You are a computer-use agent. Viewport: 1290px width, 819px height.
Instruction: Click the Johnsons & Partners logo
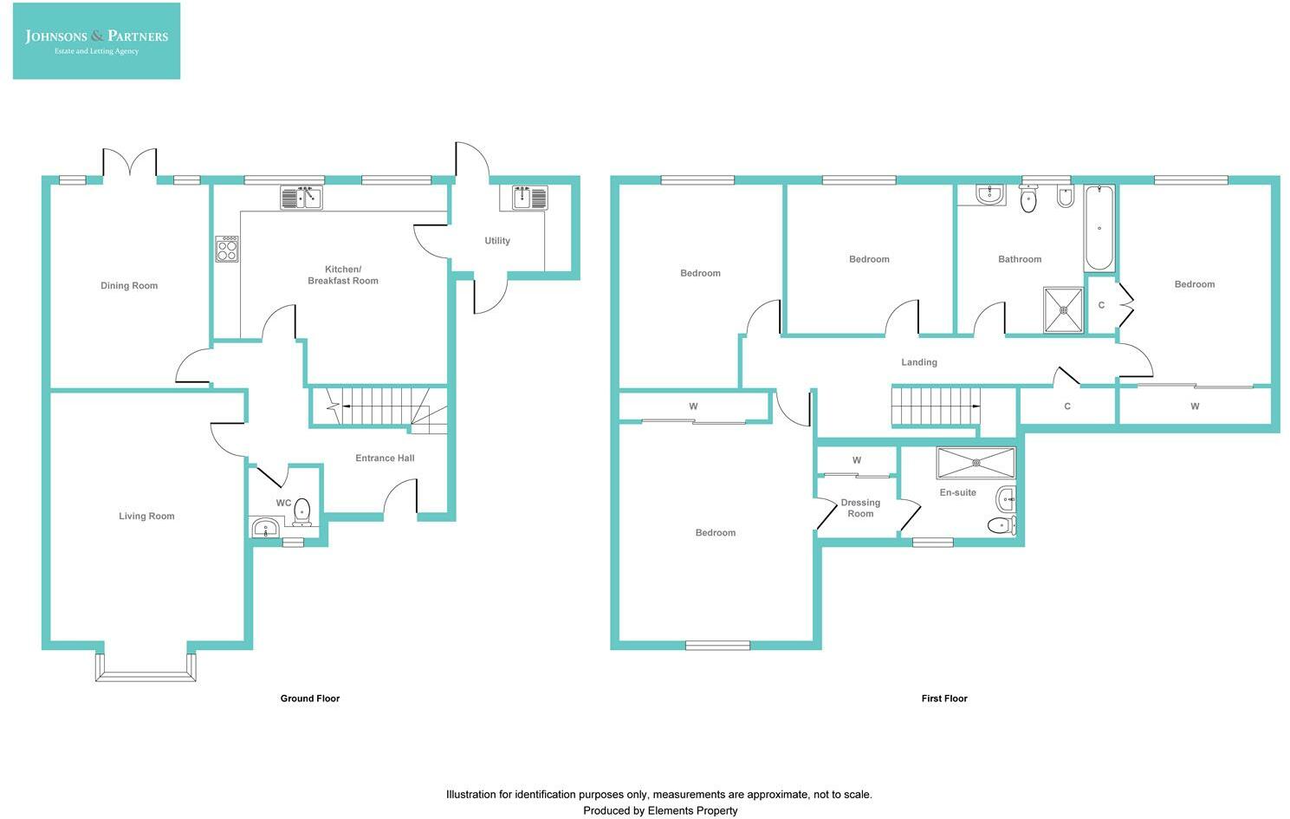click(x=96, y=41)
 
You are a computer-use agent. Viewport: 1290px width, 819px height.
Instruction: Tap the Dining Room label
click(x=129, y=286)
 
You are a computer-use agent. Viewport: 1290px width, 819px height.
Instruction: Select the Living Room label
click(x=146, y=517)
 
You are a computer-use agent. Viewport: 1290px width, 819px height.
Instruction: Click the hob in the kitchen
click(x=227, y=250)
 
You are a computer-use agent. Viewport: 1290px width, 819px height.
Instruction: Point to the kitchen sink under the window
click(x=301, y=198)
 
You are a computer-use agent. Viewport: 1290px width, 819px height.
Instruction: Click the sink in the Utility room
click(x=523, y=198)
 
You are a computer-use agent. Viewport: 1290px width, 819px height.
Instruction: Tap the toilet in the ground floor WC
click(x=301, y=512)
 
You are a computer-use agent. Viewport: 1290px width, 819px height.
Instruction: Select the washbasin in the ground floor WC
click(x=265, y=528)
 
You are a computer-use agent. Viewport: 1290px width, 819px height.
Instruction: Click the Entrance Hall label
click(x=385, y=458)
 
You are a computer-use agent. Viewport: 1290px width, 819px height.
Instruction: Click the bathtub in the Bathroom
click(x=1099, y=229)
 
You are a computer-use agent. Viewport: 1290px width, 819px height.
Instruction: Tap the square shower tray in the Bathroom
click(x=1063, y=309)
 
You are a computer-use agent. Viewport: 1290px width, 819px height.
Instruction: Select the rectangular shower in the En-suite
click(x=976, y=463)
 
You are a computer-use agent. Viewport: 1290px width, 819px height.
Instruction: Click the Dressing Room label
click(x=860, y=509)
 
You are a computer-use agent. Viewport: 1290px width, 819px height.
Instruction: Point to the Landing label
click(x=919, y=362)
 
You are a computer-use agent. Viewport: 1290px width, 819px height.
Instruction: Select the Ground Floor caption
click(x=309, y=699)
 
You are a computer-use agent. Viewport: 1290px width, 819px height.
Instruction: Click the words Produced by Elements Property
click(x=660, y=811)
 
